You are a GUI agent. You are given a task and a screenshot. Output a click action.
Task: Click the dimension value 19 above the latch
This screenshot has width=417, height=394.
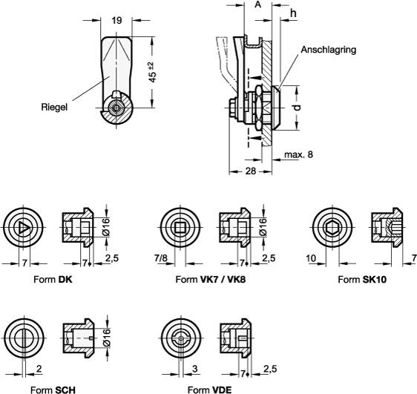116,21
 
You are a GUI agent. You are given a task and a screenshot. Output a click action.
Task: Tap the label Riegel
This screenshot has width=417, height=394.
55,108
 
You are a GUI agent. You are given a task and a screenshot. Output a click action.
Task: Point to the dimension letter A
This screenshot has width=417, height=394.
257,5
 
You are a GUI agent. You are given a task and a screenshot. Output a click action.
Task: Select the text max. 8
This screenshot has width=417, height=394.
298,156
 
